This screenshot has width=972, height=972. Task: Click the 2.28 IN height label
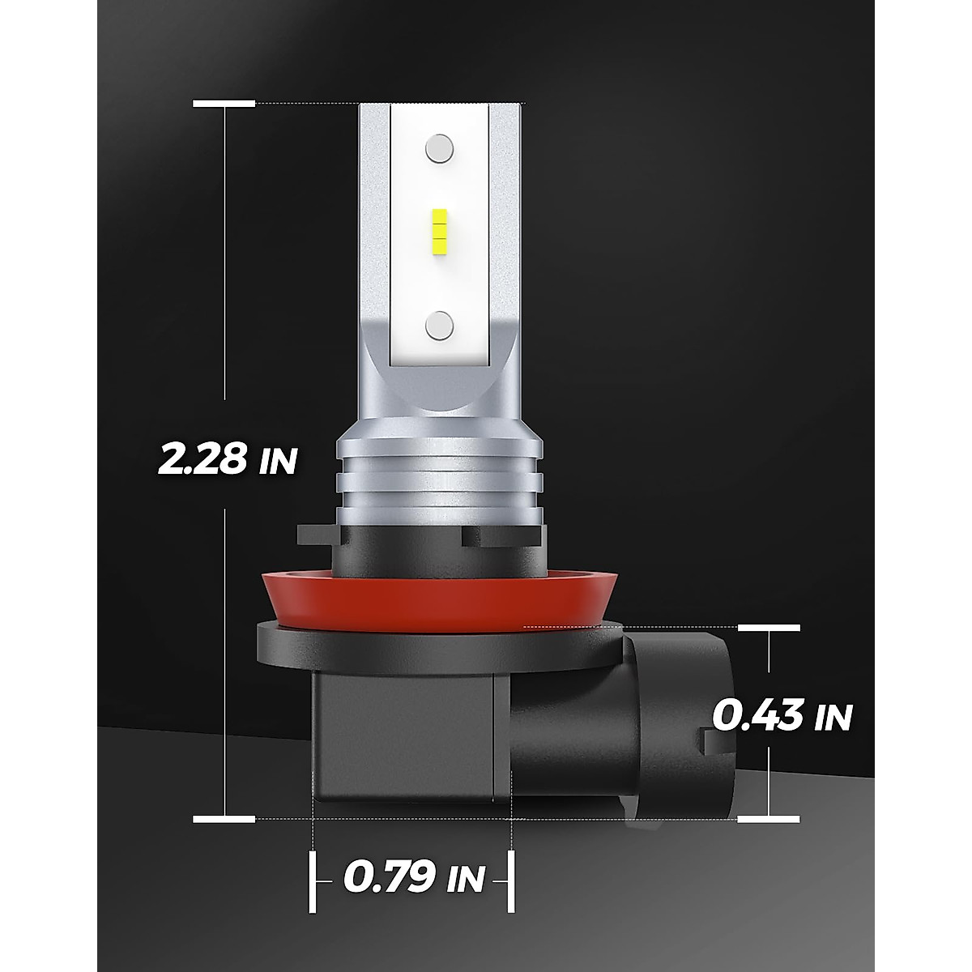pyautogui.click(x=228, y=459)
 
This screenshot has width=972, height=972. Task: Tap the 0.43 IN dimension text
pyautogui.click(x=782, y=715)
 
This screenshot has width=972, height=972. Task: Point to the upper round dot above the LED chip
pyautogui.click(x=439, y=148)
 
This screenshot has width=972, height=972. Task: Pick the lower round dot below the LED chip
pyautogui.click(x=439, y=324)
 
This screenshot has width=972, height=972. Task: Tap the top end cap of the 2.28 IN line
pyautogui.click(x=224, y=104)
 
